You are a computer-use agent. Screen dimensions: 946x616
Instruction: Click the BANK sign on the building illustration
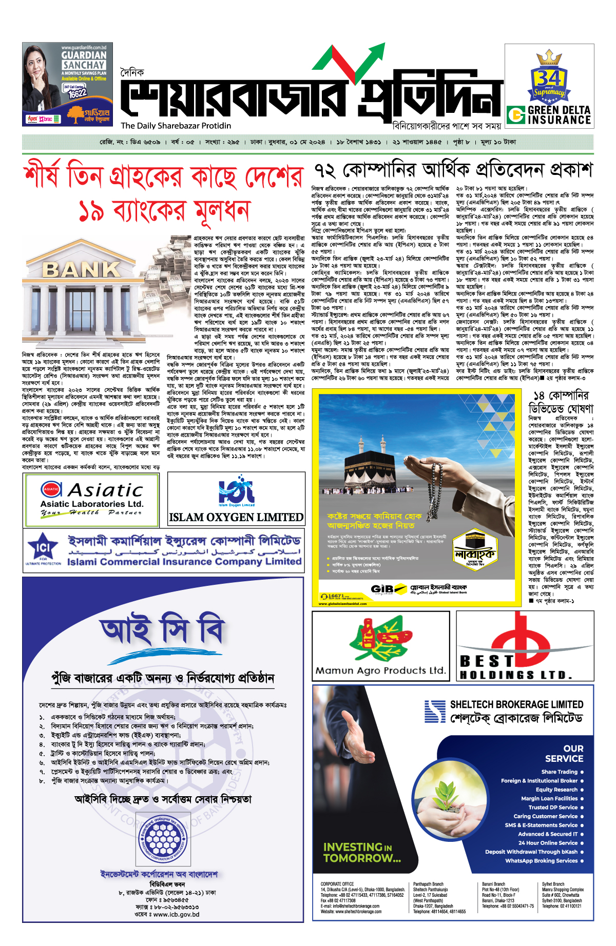[74, 269]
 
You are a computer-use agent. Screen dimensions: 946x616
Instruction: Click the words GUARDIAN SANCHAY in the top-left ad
[84, 60]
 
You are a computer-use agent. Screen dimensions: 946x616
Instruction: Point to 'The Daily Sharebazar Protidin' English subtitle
[176, 126]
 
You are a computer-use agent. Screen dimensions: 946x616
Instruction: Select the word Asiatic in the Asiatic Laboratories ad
[105, 490]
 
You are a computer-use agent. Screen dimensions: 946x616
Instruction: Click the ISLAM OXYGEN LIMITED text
[236, 517]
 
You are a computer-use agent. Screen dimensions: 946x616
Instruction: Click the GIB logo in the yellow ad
[382, 589]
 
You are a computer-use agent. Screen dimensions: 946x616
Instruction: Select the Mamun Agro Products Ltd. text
[380, 671]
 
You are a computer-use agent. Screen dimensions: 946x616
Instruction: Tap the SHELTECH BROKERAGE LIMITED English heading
[516, 704]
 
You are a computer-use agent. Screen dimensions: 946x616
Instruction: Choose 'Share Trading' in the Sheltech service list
[559, 772]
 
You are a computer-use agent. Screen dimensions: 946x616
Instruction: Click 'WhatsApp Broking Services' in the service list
[541, 861]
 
